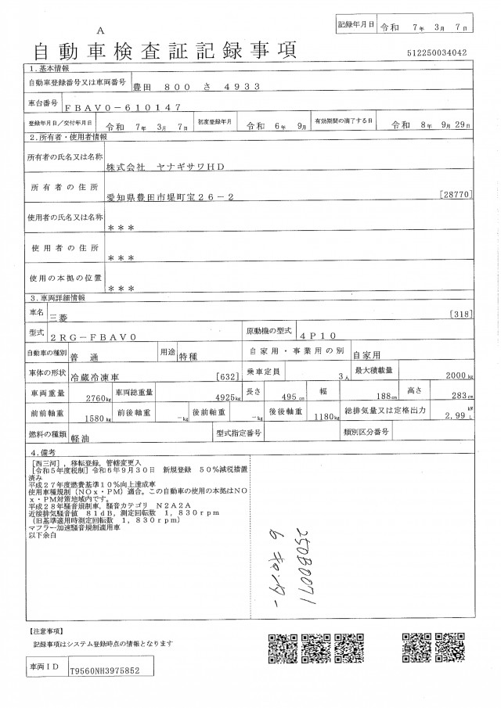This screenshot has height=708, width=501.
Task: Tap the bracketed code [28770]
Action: (456, 192)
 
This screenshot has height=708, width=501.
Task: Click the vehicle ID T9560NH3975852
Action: (105, 670)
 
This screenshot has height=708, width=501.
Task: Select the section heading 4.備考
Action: (44, 452)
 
